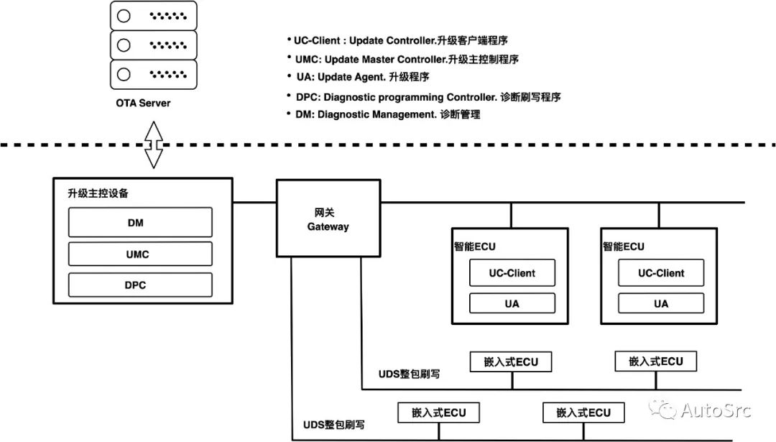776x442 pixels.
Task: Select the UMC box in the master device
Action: click(140, 254)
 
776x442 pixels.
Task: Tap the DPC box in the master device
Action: click(140, 285)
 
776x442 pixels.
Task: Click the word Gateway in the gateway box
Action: click(328, 226)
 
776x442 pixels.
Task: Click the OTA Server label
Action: click(144, 103)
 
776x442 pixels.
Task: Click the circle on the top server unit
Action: click(124, 16)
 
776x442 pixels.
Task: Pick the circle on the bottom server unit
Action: click(124, 73)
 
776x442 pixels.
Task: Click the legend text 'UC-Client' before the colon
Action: click(318, 40)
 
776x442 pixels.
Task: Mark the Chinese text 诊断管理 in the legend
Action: click(461, 114)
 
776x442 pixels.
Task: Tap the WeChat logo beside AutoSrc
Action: click(662, 410)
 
